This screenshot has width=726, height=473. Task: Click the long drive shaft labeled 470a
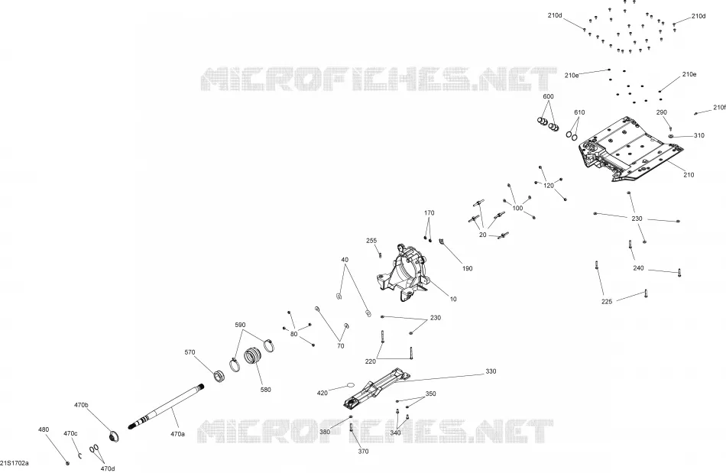(x=167, y=406)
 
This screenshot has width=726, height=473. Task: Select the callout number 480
(x=44, y=429)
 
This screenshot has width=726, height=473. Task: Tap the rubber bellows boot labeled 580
(x=253, y=355)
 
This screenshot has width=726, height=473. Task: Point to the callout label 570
(x=190, y=352)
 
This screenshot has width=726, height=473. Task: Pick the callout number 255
(x=371, y=241)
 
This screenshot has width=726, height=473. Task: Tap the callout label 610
(x=579, y=112)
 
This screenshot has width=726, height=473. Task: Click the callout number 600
(x=548, y=96)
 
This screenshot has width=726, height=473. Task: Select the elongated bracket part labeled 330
(x=377, y=388)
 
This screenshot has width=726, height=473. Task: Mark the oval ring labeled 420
(x=350, y=384)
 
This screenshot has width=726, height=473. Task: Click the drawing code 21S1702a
(x=15, y=463)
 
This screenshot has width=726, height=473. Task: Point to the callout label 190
(x=468, y=268)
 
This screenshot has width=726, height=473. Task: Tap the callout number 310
(x=698, y=135)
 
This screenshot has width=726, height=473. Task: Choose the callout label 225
(x=607, y=301)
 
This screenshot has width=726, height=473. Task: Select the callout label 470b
(x=81, y=405)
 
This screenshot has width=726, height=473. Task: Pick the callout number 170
(x=429, y=213)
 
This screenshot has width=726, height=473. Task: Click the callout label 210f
(x=720, y=108)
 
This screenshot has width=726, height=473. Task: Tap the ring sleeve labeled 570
(x=219, y=375)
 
